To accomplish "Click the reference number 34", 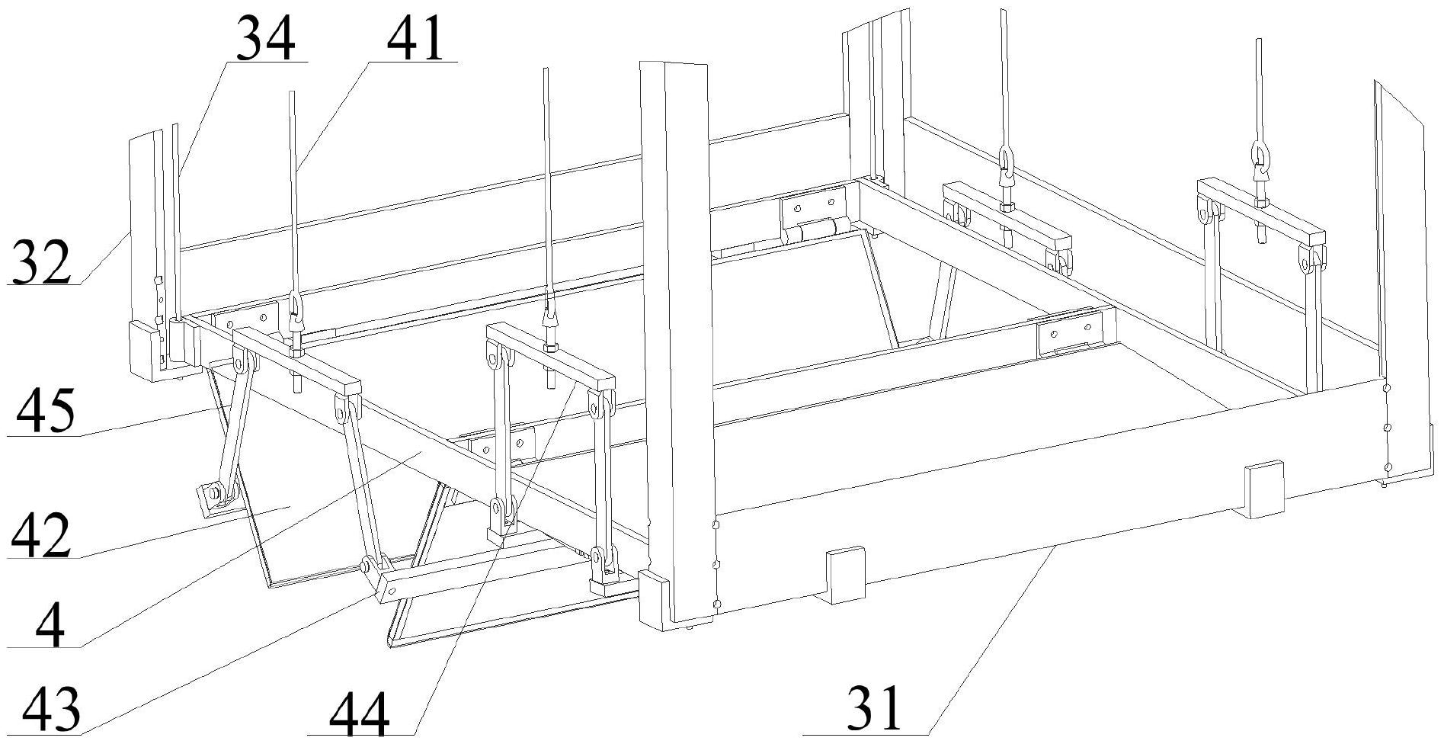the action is tap(264, 39).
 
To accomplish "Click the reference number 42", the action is tap(41, 536).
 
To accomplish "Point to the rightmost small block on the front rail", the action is tap(1263, 489).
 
